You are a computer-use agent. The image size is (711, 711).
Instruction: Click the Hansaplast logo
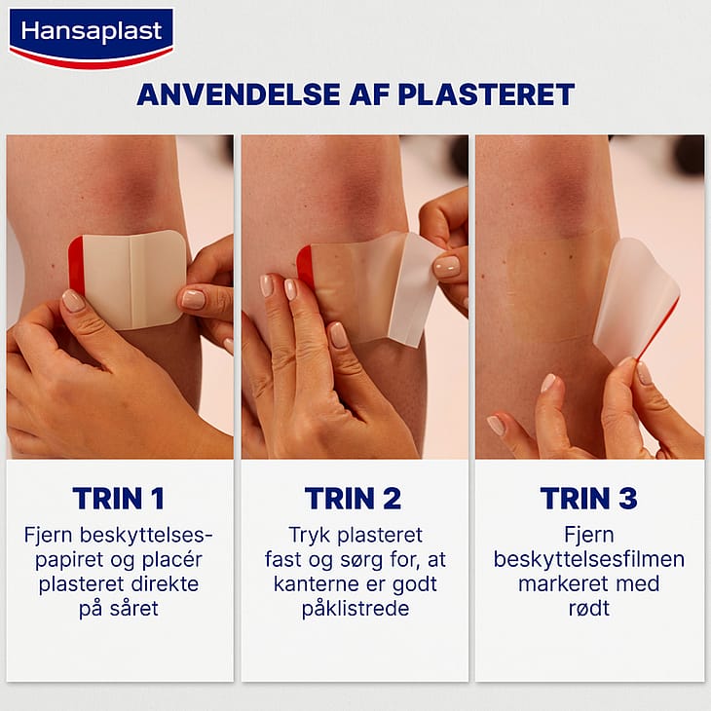click(92, 38)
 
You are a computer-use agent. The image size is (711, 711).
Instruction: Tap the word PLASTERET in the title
click(487, 94)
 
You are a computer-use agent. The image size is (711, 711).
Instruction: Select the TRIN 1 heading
click(119, 499)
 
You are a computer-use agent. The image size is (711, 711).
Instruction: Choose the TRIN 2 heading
click(353, 499)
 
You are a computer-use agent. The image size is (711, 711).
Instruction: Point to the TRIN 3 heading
click(588, 499)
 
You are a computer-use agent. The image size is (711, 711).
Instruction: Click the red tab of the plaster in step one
click(76, 264)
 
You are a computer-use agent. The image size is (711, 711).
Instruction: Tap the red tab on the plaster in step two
click(305, 266)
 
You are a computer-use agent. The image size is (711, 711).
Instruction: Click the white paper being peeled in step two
click(413, 290)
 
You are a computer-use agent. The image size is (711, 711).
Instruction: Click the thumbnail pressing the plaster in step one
click(72, 301)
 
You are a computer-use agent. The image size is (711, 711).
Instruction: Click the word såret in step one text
click(134, 609)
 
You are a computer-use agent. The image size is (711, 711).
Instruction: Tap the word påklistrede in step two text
click(355, 609)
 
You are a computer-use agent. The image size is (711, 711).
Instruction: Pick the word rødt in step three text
click(589, 609)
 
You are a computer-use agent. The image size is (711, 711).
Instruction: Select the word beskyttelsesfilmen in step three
click(589, 560)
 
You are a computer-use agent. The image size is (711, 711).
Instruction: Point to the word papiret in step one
click(69, 560)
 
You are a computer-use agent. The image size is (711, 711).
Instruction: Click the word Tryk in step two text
click(310, 536)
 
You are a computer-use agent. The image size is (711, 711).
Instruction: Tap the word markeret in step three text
click(560, 584)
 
